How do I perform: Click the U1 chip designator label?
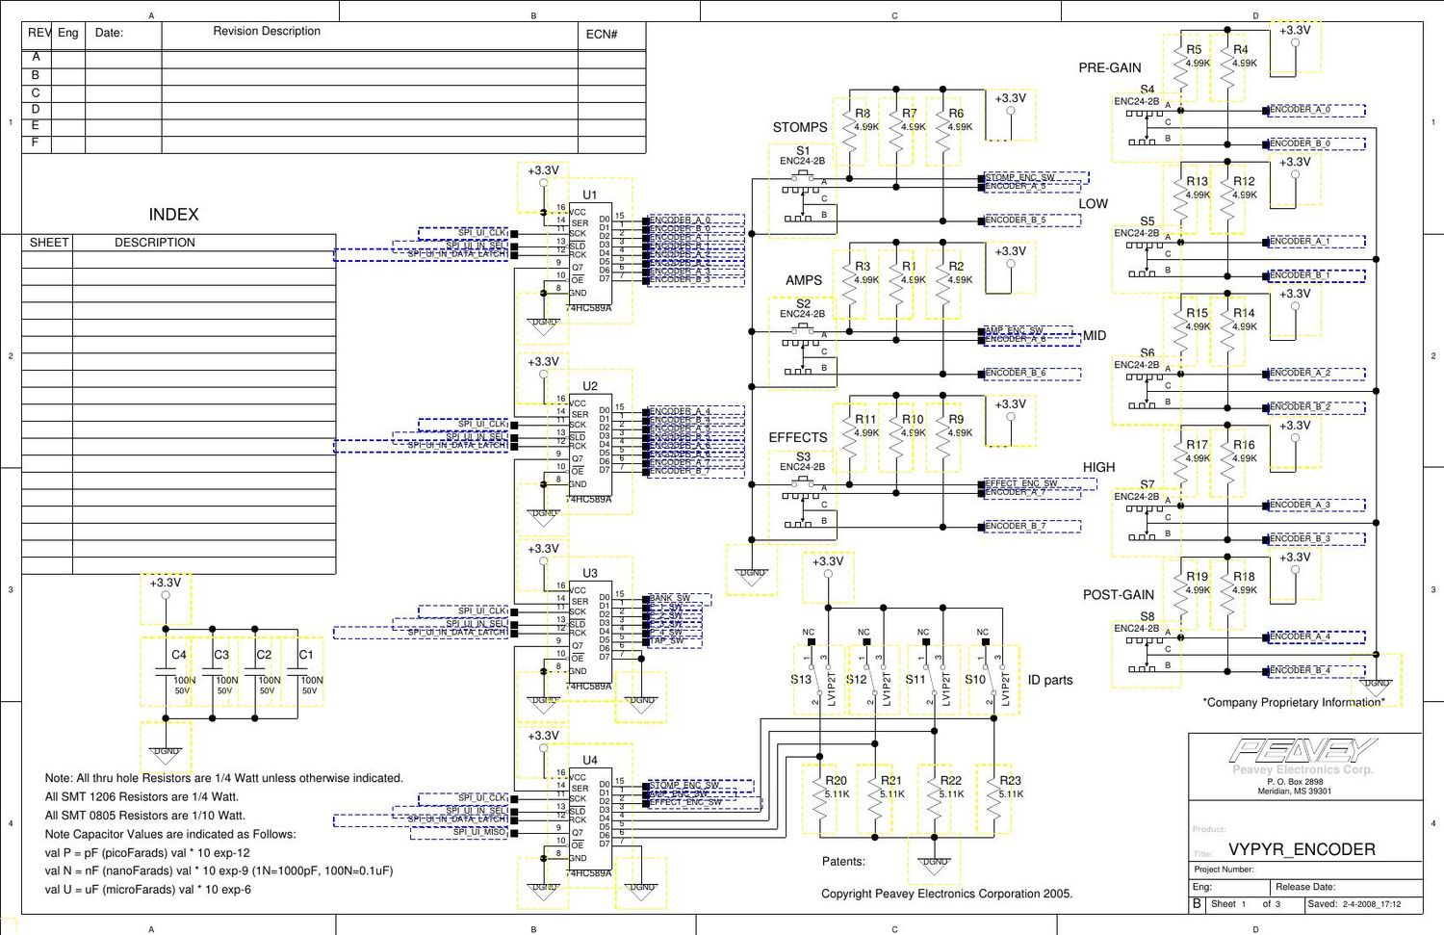coord(589,195)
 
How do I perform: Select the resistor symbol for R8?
coord(849,140)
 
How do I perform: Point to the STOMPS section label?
coord(800,127)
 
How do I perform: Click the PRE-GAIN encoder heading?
coord(1110,68)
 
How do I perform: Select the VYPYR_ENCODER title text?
coord(1302,849)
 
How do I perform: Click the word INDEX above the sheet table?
coord(173,215)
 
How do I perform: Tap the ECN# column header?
coord(602,35)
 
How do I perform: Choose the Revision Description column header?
coord(267,32)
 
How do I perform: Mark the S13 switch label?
coord(801,680)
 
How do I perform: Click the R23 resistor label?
coord(1010,781)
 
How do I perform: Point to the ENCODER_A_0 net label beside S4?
coord(1300,110)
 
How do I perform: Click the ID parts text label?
coord(1050,680)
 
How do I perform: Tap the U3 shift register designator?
coord(589,573)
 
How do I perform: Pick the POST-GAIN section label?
coord(1119,595)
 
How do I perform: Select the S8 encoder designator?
coord(1147,616)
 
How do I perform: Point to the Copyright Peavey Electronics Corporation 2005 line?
coord(946,894)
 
